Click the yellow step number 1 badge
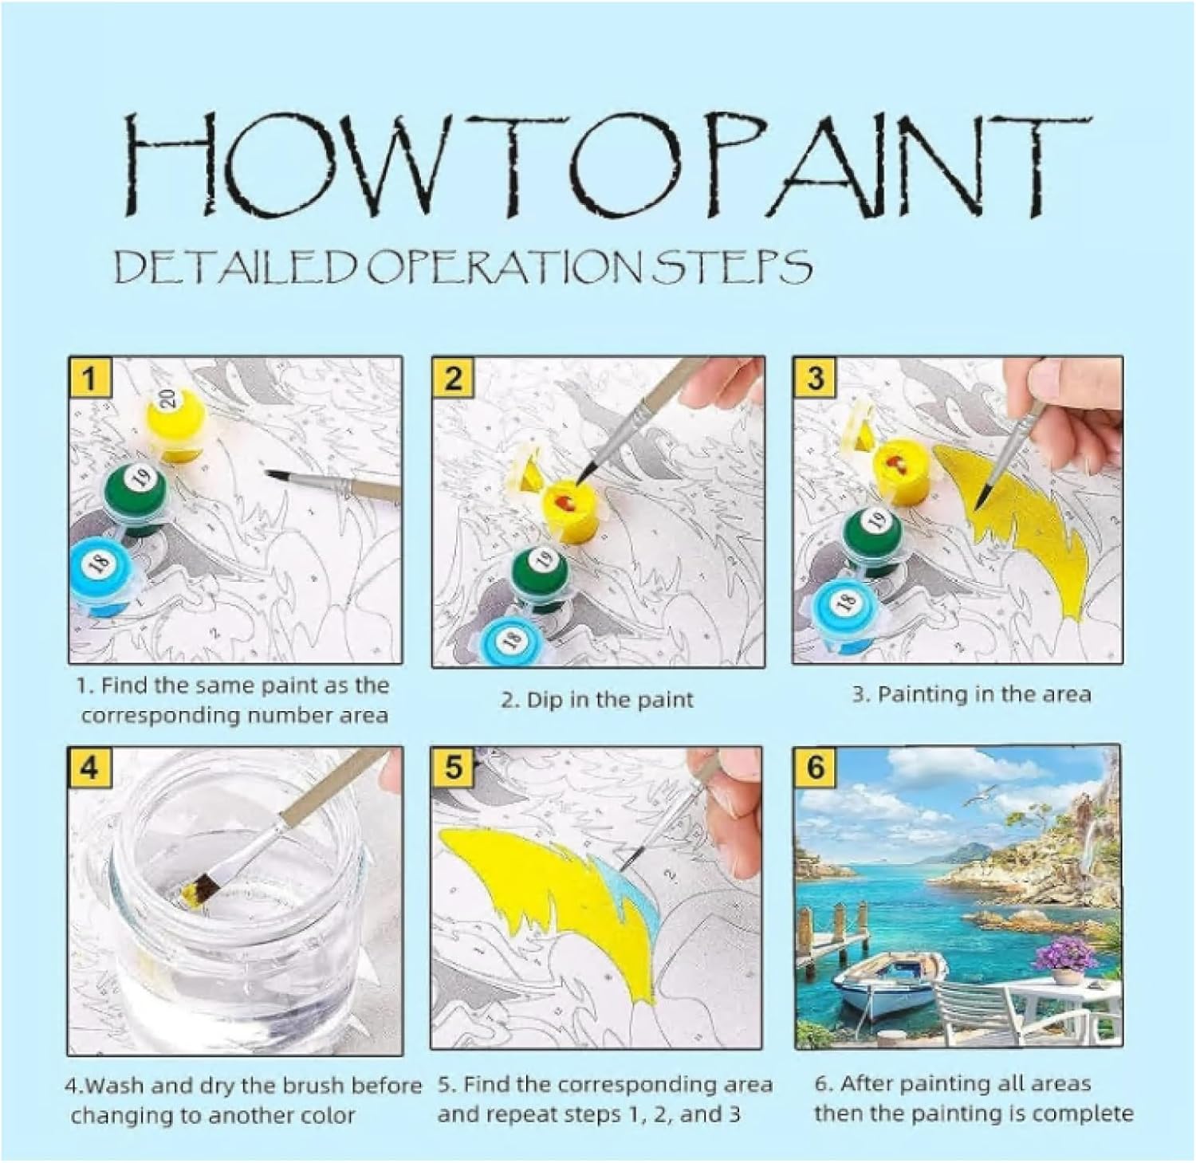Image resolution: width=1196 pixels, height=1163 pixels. click(89, 377)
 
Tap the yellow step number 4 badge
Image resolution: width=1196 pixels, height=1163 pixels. click(89, 767)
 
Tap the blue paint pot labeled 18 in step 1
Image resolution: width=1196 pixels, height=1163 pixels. click(101, 574)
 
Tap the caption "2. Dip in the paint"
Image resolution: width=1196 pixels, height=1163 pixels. click(597, 700)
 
